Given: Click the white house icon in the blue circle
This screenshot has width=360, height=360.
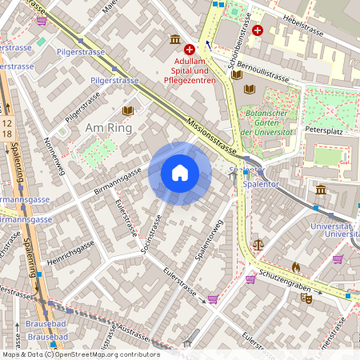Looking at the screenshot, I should pos(180,173).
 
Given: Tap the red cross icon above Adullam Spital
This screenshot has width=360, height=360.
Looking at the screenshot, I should pos(190,50).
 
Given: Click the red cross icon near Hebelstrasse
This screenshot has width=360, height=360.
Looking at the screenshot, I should pos(257,30).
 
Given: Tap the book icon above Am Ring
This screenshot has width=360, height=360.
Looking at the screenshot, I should pos(128,110).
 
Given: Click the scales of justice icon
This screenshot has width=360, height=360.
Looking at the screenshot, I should pos(257,243).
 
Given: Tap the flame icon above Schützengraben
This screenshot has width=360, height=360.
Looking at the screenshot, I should pos(295,266).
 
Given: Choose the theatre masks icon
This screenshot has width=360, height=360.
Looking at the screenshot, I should pos(305,298).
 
